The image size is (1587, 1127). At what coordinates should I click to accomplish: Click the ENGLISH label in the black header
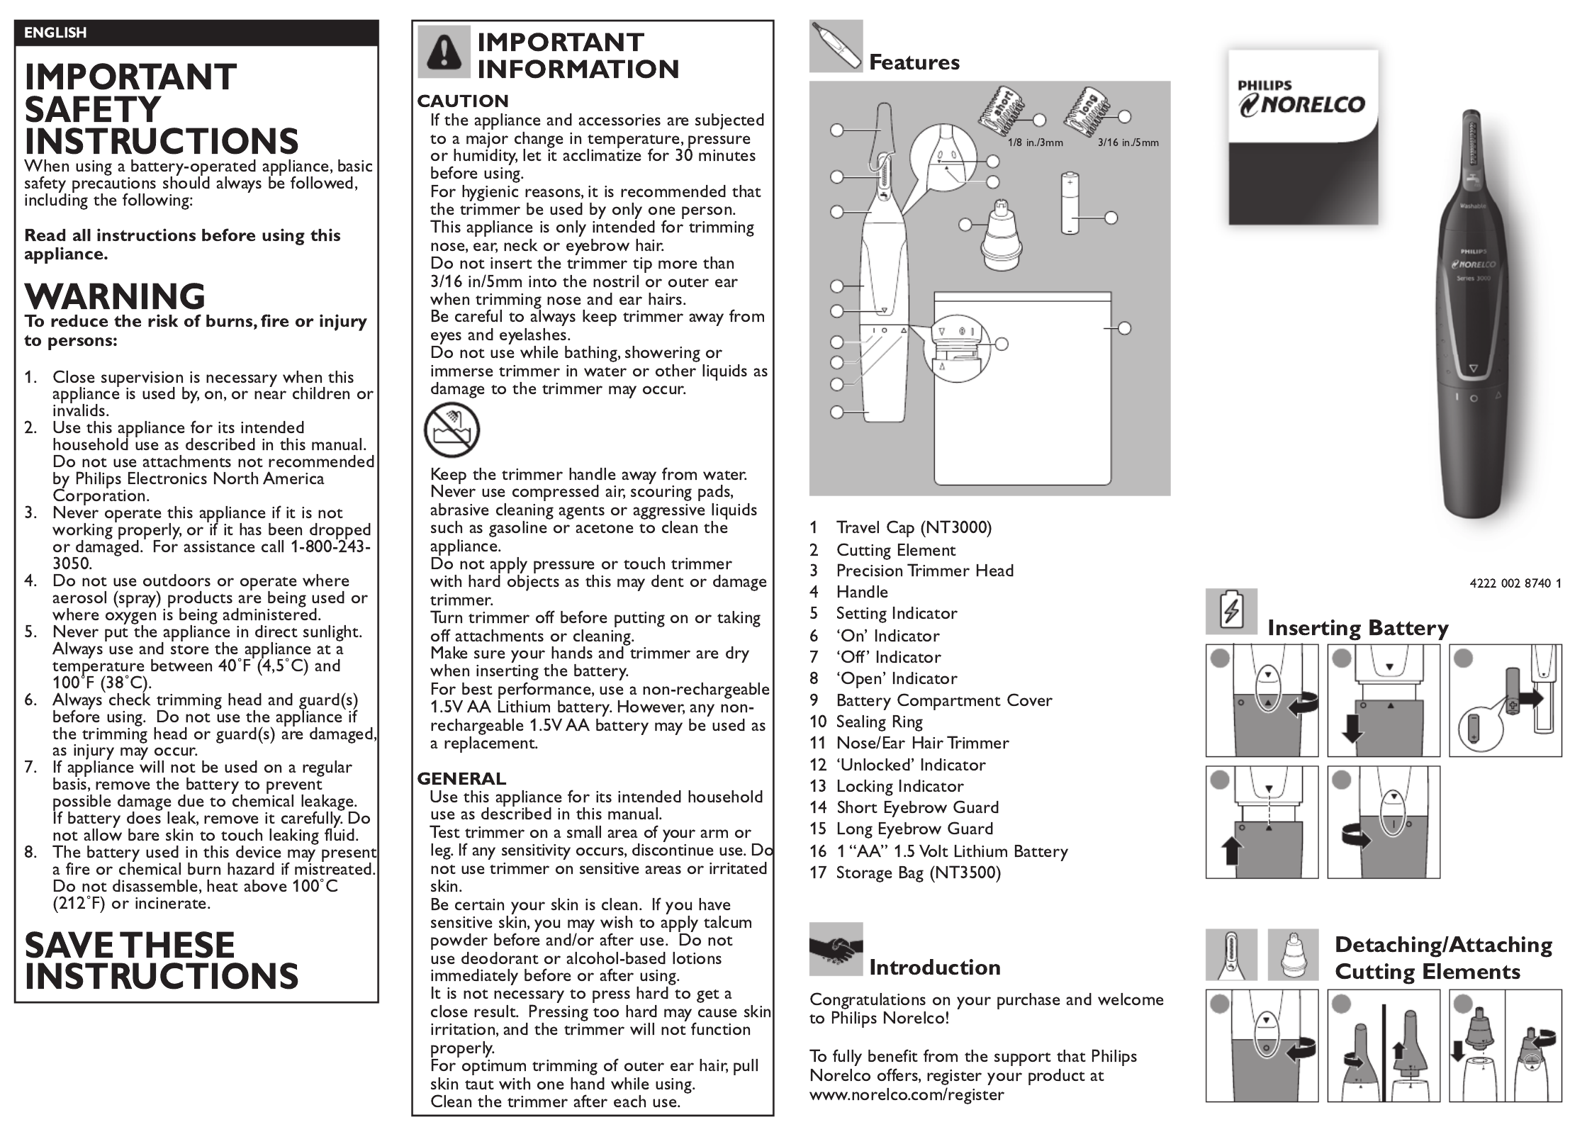pyautogui.click(x=55, y=33)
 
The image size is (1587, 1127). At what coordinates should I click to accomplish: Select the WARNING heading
pyautogui.click(x=115, y=296)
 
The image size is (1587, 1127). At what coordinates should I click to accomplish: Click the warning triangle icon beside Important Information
pyautogui.click(x=444, y=51)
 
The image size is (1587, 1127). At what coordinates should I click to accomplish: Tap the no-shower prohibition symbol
pyautogui.click(x=452, y=430)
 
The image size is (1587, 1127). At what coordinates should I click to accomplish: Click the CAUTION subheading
pyautogui.click(x=463, y=101)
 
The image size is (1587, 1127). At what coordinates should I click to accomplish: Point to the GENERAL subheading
pyautogui.click(x=461, y=779)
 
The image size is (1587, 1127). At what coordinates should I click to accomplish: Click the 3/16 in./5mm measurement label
pyautogui.click(x=1128, y=142)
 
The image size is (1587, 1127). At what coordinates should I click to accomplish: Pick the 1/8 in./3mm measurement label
pyautogui.click(x=1036, y=142)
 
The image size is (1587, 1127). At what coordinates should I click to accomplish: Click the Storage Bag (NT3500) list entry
pyautogui.click(x=905, y=873)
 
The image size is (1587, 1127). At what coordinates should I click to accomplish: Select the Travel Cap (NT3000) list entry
pyautogui.click(x=901, y=527)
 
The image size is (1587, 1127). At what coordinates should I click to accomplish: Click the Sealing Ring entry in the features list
pyautogui.click(x=866, y=722)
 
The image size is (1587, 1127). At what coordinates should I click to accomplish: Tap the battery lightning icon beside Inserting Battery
pyautogui.click(x=1231, y=612)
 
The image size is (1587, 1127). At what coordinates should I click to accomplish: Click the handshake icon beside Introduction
pyautogui.click(x=836, y=949)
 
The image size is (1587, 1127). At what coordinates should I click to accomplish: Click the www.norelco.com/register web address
pyautogui.click(x=907, y=1094)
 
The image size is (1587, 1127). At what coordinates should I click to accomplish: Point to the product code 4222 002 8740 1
pyautogui.click(x=1515, y=584)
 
